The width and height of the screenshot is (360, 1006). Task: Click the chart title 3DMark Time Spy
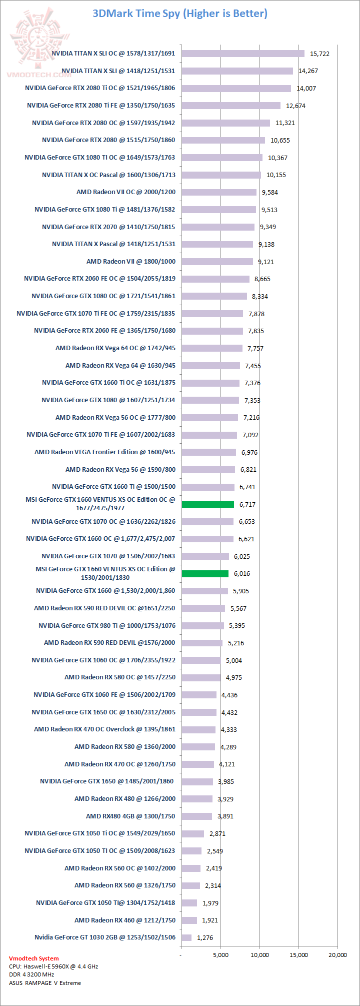tap(180, 14)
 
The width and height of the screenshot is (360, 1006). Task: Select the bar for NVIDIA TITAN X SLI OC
tap(243, 54)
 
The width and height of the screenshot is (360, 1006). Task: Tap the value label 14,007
tap(306, 89)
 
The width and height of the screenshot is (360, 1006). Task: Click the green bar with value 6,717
tap(208, 504)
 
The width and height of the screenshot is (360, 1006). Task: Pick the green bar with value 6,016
tap(205, 574)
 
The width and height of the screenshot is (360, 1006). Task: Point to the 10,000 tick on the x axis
tap(259, 955)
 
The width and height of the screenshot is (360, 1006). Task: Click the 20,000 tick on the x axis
tap(337, 955)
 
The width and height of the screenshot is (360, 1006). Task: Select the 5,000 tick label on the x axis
tap(220, 955)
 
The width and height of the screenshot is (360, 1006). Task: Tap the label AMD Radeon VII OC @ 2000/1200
tap(126, 192)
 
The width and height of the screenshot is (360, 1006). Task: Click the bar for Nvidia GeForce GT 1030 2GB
tap(186, 937)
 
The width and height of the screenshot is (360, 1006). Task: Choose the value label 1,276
tap(205, 938)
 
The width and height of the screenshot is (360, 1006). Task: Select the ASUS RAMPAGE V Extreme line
tap(45, 982)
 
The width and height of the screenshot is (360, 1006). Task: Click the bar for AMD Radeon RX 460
tap(189, 920)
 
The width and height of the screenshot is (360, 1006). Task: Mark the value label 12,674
tap(295, 106)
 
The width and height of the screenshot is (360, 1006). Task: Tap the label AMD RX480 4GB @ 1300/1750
tap(130, 816)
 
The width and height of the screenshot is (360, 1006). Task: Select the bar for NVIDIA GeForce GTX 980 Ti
tap(202, 626)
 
